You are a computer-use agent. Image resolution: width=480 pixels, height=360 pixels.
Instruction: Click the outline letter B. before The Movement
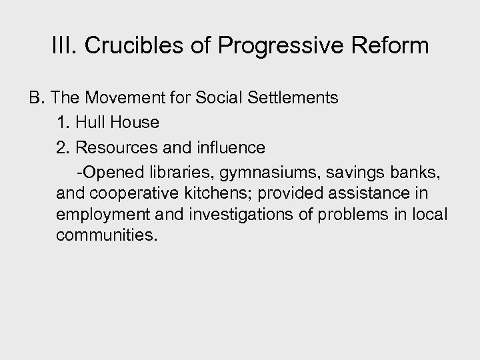point(35,99)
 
